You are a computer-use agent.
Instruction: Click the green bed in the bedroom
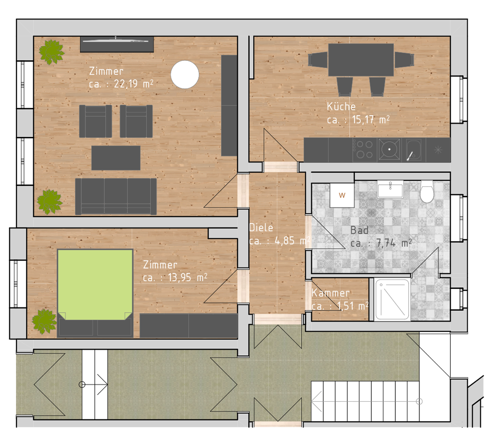coord(95,285)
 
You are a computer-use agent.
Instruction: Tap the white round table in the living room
coord(185,75)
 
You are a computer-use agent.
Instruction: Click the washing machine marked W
coord(342,195)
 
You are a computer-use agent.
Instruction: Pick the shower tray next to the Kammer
coord(392,299)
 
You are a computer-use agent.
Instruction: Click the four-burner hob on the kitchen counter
coord(365,150)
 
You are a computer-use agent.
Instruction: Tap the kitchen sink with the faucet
coord(414,150)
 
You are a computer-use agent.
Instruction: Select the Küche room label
coord(341,107)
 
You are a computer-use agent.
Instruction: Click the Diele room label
coord(261,228)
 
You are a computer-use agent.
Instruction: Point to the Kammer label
coord(331,293)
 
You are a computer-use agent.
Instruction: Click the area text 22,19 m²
coord(134,84)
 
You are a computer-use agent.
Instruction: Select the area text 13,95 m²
coord(188,278)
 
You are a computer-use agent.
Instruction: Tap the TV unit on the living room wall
coord(117,44)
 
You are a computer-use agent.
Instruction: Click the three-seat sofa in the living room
coord(116,196)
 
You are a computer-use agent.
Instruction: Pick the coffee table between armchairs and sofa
coord(116,158)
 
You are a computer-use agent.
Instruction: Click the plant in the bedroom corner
coord(45,321)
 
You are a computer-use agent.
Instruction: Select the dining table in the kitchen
coord(361,60)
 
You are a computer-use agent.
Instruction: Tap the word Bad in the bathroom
coord(359,230)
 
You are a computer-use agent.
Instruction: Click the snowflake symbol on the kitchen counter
coord(438,150)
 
